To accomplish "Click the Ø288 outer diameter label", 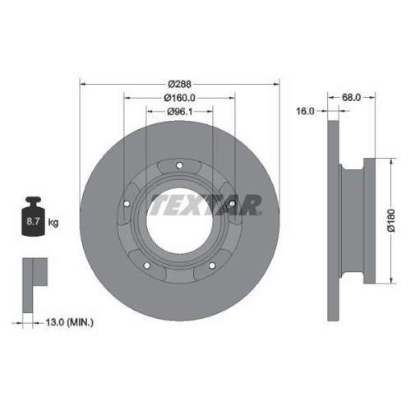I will (x=178, y=85).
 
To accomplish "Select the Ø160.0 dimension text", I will (x=178, y=98).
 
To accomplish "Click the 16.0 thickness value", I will (x=305, y=111).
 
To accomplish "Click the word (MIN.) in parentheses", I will (x=81, y=321).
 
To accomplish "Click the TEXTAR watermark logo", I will (x=205, y=203).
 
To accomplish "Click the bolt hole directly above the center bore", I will (x=179, y=167).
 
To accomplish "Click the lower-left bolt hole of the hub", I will (x=146, y=265).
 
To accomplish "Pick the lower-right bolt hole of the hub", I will (x=212, y=265).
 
